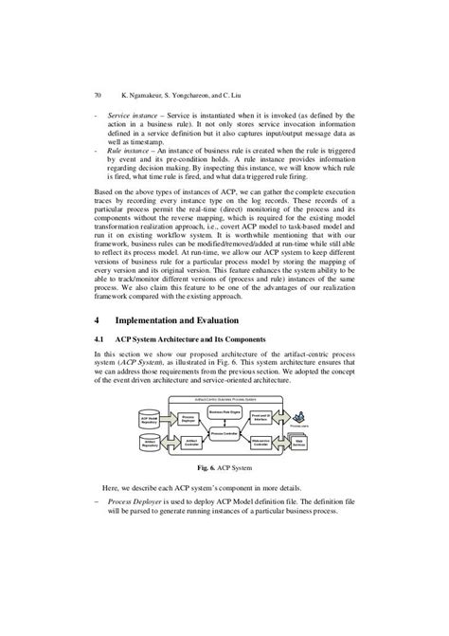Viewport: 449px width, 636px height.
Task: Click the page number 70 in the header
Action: (98, 95)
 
